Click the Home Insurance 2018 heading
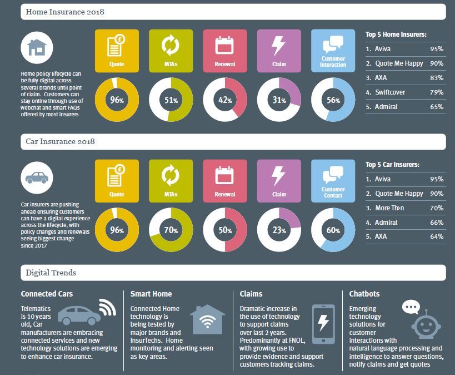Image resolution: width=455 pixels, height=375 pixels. pos(66,11)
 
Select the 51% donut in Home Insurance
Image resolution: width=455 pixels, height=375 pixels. pos(171,100)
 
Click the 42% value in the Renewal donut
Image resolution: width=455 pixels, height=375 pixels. pos(225,101)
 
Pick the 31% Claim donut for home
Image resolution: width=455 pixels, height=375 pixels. pos(279,101)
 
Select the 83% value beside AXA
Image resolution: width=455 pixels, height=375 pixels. pos(436,77)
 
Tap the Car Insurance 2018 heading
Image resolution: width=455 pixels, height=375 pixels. pos(61,141)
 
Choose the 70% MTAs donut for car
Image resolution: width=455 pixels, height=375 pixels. pos(171,230)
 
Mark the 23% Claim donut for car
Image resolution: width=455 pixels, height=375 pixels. pos(279,230)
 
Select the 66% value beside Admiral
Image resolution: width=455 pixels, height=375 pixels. pos(436,222)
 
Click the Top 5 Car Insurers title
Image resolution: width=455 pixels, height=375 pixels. pos(392,165)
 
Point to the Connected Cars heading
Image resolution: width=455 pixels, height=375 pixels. pos(47,293)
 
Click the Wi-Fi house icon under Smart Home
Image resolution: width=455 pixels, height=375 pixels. pos(207,320)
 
